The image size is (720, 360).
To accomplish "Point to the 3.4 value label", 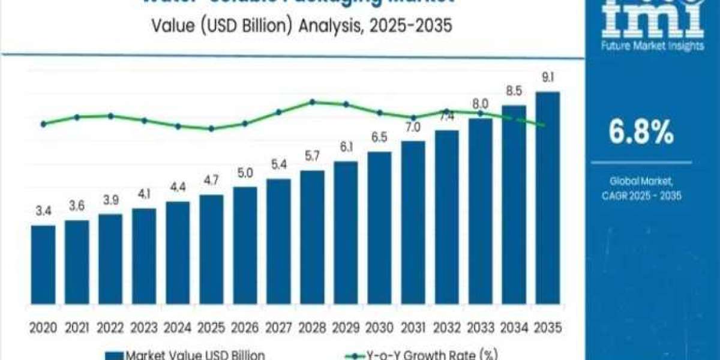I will tap(43, 211).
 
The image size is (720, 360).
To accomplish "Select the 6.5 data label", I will tap(379, 137).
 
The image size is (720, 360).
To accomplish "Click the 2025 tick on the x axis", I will tap(211, 328).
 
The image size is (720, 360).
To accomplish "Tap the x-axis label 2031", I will tap(413, 328).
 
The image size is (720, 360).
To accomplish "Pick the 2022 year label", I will tap(110, 328).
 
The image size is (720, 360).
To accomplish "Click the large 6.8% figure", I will tap(641, 133).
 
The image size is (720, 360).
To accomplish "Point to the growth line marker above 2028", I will tap(313, 102).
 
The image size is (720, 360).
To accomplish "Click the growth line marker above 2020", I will tap(43, 124).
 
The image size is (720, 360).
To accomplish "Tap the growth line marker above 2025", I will tap(211, 128).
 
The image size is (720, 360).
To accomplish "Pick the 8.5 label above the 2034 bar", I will tap(514, 91).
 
